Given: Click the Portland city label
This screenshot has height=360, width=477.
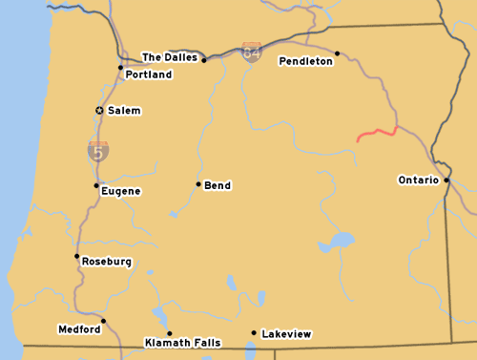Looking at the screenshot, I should point(149,74).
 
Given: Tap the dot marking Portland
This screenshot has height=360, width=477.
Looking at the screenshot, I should point(120,68).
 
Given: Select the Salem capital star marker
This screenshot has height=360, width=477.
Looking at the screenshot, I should point(99,111).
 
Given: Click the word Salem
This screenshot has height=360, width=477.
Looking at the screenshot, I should point(124,111).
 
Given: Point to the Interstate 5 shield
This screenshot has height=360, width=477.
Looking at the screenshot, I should point(98,150).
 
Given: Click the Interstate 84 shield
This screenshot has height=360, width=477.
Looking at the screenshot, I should point(251,52).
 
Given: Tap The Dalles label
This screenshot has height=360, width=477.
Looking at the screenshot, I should point(170,57).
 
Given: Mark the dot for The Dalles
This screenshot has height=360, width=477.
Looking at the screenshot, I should point(204,60).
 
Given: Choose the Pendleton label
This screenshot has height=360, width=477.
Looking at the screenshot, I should point(305,61).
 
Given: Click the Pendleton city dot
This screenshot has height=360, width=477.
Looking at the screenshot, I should point(338,53).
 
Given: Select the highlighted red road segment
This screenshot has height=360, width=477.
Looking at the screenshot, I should point(376,134).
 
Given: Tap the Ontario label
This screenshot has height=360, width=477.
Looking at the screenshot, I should point(418,180).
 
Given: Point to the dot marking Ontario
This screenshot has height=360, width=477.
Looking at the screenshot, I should point(446,179).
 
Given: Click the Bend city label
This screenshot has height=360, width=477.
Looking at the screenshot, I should point(218,185).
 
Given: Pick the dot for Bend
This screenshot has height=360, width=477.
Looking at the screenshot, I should point(198,184).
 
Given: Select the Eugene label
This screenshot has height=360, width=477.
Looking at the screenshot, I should point(121,191).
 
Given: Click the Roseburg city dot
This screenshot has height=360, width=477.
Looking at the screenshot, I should point(76,256).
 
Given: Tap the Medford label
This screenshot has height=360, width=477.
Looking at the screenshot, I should point(79,329).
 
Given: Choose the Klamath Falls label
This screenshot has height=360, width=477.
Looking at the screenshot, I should point(182,342).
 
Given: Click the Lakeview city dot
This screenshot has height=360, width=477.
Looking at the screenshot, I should point(254,333).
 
